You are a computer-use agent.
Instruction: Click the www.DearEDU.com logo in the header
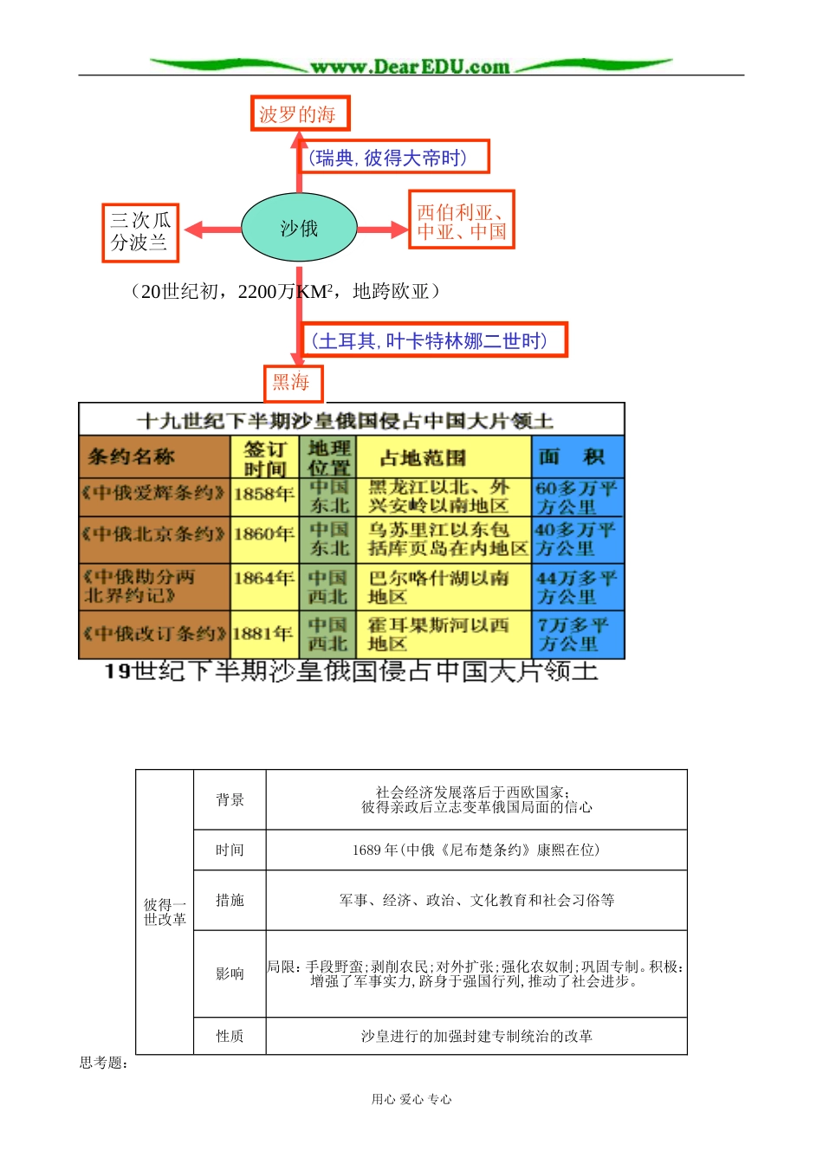click(x=411, y=66)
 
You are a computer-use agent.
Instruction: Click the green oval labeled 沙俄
click(x=299, y=229)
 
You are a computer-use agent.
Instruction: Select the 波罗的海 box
click(x=299, y=113)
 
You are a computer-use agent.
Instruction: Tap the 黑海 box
click(x=293, y=382)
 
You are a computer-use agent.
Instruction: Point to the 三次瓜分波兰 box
click(x=140, y=232)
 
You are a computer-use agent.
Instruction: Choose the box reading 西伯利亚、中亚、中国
click(x=461, y=221)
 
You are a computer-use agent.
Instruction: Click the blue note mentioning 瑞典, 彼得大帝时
click(x=394, y=158)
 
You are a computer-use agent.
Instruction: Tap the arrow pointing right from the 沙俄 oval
click(x=382, y=230)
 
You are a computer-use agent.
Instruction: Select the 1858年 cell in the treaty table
click(x=263, y=495)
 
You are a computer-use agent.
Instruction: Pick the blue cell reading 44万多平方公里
click(x=577, y=587)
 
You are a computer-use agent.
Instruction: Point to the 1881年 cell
click(x=263, y=634)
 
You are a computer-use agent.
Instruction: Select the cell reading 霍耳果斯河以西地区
click(x=441, y=634)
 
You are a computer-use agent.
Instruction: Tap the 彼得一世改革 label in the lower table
click(x=165, y=912)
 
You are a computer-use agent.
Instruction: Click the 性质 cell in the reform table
click(x=230, y=1036)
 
